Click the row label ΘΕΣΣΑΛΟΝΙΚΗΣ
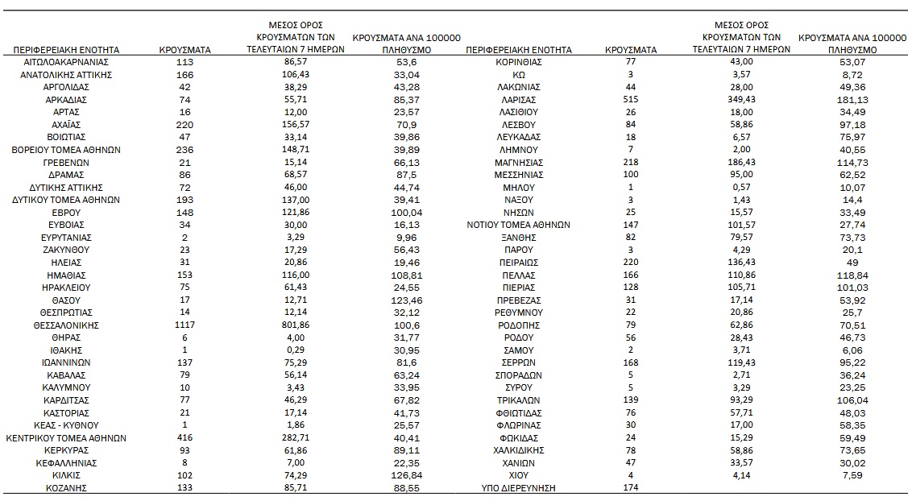pos(65,325)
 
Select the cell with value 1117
pos(186,325)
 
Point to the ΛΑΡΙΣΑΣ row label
pos(519,99)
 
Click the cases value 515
pos(630,99)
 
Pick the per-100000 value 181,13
pos(852,99)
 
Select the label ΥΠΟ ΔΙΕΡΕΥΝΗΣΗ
pos(519,488)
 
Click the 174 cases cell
pos(630,488)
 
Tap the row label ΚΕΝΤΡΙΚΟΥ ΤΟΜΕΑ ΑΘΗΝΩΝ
pos(65,438)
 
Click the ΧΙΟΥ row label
pos(519,476)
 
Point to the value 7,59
pos(852,476)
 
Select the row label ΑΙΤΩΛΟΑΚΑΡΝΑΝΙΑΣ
pos(65,62)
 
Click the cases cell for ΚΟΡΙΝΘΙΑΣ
pos(630,62)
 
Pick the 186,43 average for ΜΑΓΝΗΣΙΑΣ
pos(741,162)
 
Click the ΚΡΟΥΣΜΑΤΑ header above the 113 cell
pos(186,50)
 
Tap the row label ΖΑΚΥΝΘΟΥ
pos(65,250)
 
